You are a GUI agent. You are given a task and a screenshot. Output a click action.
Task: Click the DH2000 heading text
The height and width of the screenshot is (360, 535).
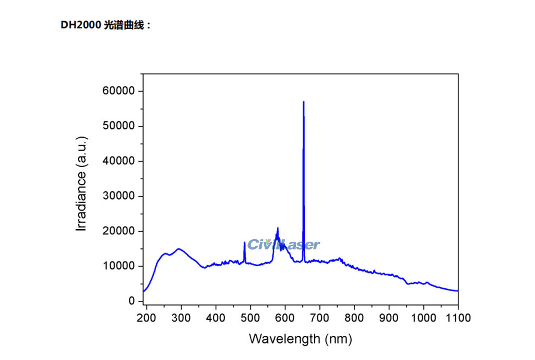pyautogui.click(x=105, y=25)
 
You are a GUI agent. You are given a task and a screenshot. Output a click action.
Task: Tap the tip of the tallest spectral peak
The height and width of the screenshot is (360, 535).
pyautogui.click(x=303, y=102)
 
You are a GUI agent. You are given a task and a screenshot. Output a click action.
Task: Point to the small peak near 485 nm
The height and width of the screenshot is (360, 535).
pyautogui.click(x=244, y=243)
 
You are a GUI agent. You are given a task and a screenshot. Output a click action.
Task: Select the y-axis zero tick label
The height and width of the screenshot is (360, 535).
pyautogui.click(x=132, y=301)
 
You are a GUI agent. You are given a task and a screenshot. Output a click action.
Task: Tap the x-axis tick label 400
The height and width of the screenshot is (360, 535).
pyautogui.click(x=216, y=318)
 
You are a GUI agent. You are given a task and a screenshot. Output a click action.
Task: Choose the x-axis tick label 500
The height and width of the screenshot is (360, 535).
pyautogui.click(x=250, y=318)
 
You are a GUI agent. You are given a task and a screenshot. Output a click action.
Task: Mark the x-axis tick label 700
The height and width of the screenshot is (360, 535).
pyautogui.click(x=320, y=318)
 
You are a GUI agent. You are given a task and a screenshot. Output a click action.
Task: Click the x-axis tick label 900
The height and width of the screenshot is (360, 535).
pyautogui.click(x=389, y=318)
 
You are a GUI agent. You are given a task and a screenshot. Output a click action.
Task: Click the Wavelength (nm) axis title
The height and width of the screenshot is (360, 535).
pyautogui.click(x=300, y=339)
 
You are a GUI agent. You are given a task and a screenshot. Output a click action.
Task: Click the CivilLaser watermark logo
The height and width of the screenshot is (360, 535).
pyautogui.click(x=283, y=244)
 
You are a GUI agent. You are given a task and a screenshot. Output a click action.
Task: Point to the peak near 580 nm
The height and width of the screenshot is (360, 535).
pyautogui.click(x=278, y=228)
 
